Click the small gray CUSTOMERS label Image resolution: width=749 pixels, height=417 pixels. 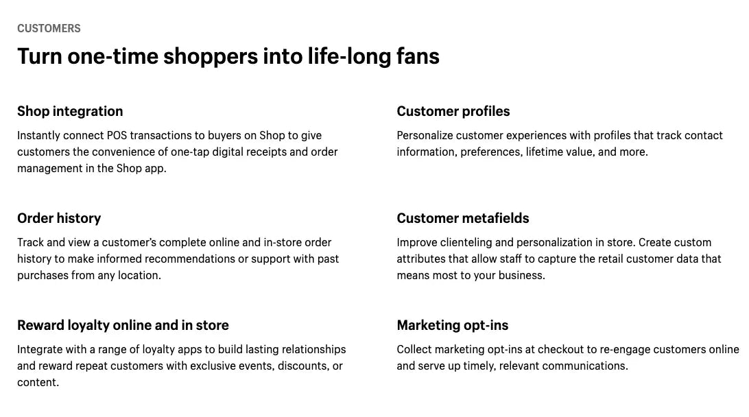[x=49, y=28]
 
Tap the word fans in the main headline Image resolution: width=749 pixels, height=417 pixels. [x=418, y=56]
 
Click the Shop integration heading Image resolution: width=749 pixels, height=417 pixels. [x=70, y=111]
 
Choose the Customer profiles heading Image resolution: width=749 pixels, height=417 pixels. [x=453, y=111]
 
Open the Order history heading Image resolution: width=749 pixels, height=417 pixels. [x=59, y=218]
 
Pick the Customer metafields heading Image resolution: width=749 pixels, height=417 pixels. [x=463, y=218]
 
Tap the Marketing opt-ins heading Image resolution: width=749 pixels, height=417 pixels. [x=453, y=325]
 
